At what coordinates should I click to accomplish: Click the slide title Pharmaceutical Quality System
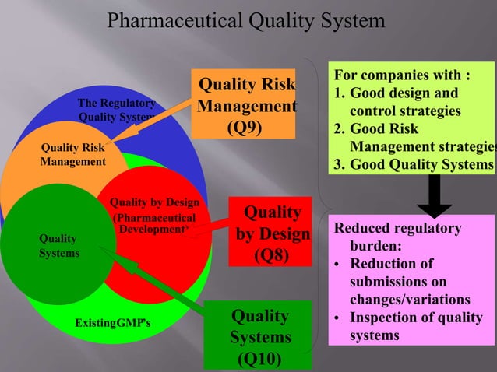tap(245, 19)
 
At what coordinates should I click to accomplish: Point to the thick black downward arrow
tap(435, 195)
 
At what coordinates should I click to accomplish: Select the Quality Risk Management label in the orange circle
tap(73, 154)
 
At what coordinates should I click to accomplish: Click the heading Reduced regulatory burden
tap(397, 237)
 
